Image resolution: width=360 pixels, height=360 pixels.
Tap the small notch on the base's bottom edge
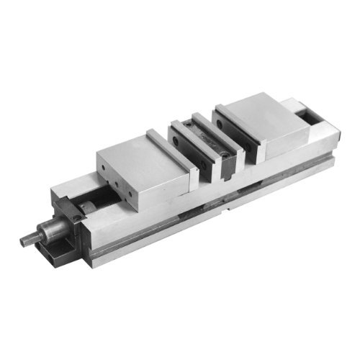click(228, 210)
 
